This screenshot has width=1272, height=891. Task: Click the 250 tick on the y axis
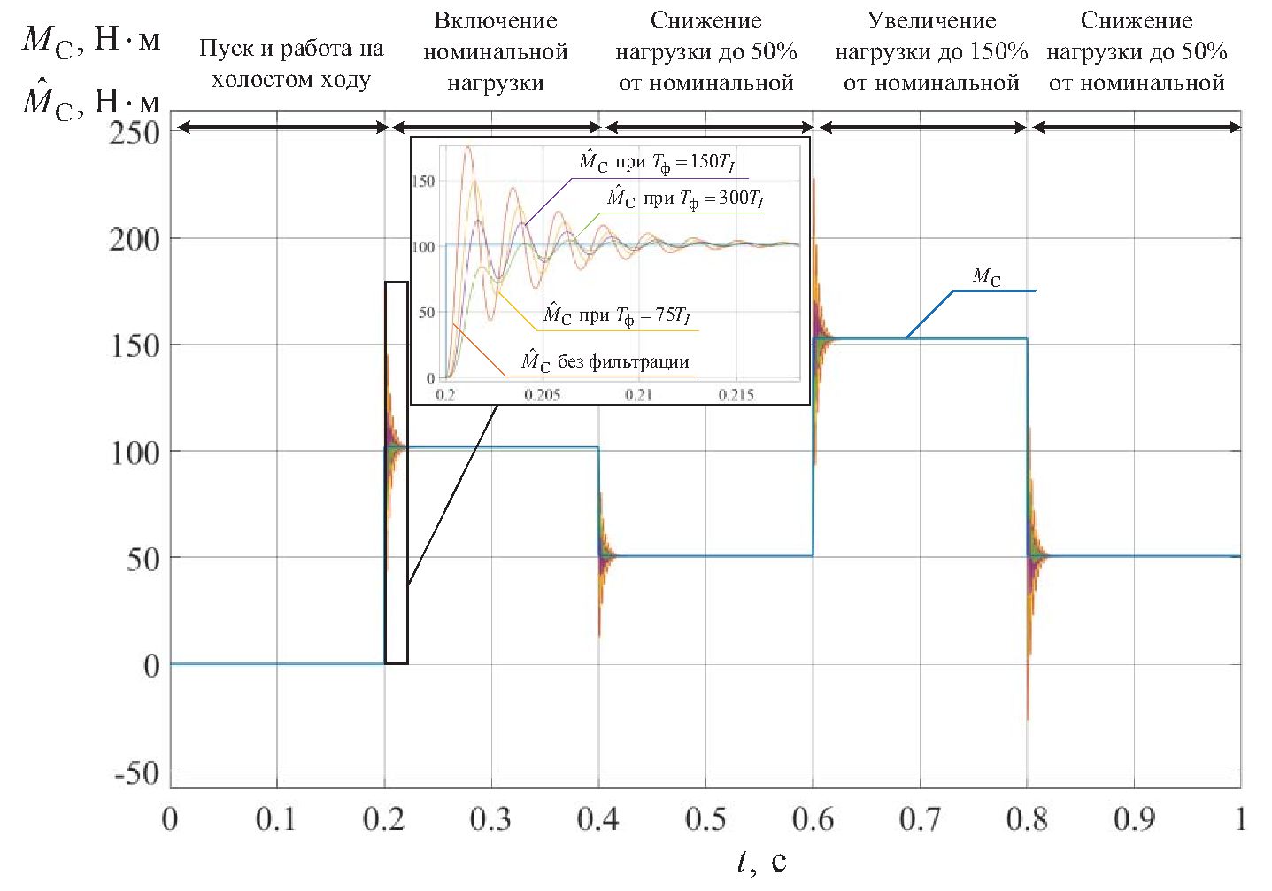(135, 133)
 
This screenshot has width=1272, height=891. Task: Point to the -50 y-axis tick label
(135, 773)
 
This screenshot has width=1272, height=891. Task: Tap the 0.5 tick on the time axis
(705, 819)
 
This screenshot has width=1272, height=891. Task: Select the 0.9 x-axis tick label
(1134, 819)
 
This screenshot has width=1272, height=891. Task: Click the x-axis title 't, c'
(761, 861)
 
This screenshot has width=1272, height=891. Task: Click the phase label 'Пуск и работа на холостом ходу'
(291, 63)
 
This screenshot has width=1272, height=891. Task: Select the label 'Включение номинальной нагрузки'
(496, 51)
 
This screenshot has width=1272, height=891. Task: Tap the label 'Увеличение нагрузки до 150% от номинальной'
(931, 51)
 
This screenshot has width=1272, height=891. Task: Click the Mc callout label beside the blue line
(987, 276)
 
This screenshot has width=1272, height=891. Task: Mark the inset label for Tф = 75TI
(616, 315)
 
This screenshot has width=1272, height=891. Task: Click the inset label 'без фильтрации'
(605, 361)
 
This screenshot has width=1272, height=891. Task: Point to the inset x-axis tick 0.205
(542, 394)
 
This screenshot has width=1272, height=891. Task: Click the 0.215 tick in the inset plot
(736, 394)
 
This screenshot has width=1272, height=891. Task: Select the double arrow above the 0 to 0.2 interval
(283, 128)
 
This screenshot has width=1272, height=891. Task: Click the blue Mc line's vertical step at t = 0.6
(813, 443)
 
